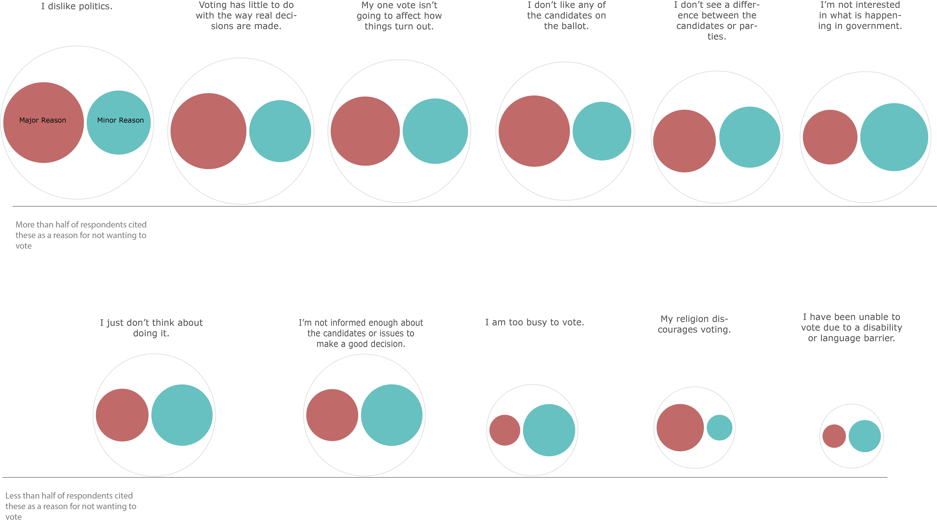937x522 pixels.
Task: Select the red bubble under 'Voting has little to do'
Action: pyautogui.click(x=208, y=131)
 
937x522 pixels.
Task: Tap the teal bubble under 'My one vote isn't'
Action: pyautogui.click(x=435, y=131)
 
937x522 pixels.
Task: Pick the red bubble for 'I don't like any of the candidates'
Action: pyautogui.click(x=534, y=131)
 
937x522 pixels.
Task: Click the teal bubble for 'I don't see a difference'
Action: pyautogui.click(x=750, y=137)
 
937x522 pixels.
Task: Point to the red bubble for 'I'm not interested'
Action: pyautogui.click(x=830, y=137)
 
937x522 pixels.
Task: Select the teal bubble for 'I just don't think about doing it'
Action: pyautogui.click(x=182, y=415)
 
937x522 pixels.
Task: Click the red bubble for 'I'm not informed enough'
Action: pyautogui.click(x=332, y=415)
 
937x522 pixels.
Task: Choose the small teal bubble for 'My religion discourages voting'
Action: pyautogui.click(x=720, y=428)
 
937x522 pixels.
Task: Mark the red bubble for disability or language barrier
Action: pyautogui.click(x=834, y=436)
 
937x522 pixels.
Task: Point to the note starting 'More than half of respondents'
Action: pyautogui.click(x=81, y=235)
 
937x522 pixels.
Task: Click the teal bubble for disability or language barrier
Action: pyautogui.click(x=865, y=436)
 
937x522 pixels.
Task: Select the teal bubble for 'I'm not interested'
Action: pyautogui.click(x=894, y=137)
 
